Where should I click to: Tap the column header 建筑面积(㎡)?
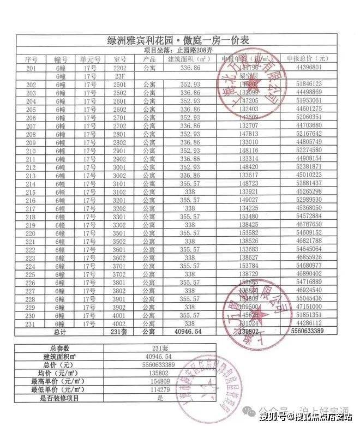[x=188, y=59]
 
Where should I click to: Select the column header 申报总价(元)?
[x=305, y=59]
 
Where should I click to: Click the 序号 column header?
[x=31, y=59]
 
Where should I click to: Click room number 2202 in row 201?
[x=120, y=68]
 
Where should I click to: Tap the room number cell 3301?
[x=120, y=218]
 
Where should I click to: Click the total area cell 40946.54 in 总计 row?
[x=188, y=332]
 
